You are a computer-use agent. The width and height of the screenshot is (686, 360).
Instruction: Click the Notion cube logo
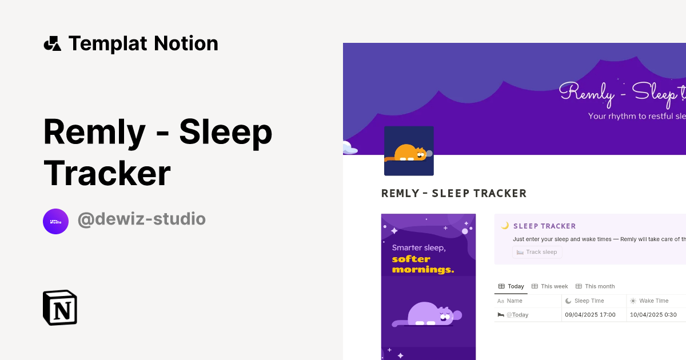60,307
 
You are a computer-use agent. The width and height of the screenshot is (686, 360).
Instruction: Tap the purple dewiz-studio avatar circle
55,221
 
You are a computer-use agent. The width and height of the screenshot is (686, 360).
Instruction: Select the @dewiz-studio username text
141,219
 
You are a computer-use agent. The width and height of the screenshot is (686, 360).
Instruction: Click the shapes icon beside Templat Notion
53,43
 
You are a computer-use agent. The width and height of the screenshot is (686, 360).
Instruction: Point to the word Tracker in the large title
107,173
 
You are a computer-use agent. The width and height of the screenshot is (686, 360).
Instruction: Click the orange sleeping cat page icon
409,151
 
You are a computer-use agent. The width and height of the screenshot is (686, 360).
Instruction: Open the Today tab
511,286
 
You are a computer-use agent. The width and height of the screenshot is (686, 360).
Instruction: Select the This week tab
550,286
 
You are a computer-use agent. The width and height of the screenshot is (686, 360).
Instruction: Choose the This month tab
595,286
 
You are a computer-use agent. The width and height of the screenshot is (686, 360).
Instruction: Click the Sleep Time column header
589,301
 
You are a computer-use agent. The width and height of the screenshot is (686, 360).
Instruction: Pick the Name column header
514,301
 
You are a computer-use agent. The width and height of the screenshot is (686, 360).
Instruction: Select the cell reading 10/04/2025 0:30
653,315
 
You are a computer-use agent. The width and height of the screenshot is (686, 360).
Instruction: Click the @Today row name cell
517,315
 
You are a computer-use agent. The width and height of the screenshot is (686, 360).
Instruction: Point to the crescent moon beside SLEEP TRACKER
505,226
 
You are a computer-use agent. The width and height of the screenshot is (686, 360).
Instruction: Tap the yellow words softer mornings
422,264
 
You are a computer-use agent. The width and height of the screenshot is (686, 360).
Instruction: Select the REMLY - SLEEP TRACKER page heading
454,194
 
